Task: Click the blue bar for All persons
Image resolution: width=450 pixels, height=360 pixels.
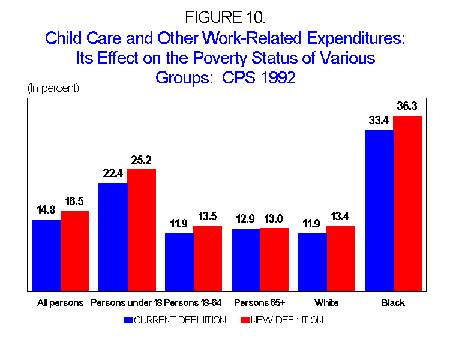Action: (47, 255)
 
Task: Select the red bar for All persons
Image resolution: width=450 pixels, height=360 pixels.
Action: (75, 251)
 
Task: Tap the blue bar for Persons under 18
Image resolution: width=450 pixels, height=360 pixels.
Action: (113, 237)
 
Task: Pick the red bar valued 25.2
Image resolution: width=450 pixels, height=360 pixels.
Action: (142, 230)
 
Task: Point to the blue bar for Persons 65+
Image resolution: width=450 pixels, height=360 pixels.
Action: (246, 259)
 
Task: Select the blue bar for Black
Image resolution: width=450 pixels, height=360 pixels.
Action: (379, 210)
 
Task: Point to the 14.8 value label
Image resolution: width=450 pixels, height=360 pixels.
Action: (47, 211)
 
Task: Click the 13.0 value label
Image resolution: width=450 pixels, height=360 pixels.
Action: (274, 219)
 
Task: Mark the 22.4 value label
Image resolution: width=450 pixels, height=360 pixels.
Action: (113, 174)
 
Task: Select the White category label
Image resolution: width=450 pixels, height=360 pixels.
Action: (326, 302)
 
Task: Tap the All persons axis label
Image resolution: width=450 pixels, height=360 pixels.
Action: (58, 302)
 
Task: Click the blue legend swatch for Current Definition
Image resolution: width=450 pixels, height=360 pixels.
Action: (128, 320)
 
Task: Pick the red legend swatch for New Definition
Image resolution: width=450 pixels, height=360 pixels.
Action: (244, 320)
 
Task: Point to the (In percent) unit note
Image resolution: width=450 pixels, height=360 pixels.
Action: (53, 88)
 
